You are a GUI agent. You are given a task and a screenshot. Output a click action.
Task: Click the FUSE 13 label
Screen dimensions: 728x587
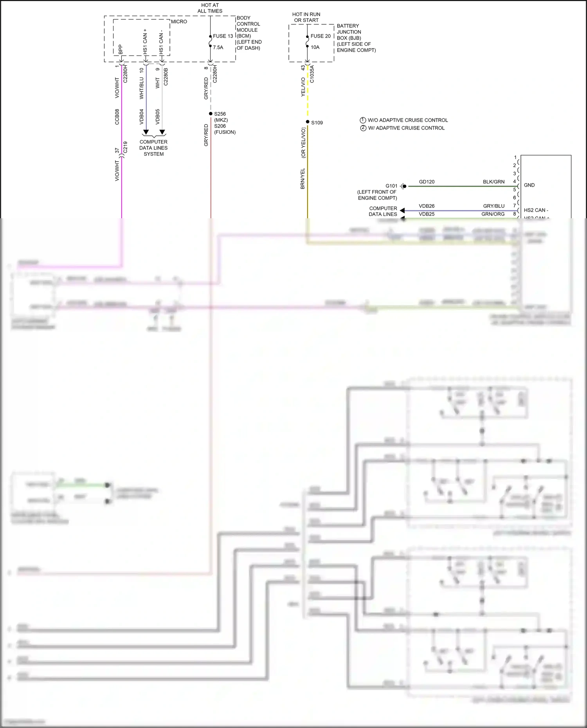point(223,36)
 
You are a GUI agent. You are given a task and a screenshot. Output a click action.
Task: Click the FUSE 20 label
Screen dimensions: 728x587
point(321,36)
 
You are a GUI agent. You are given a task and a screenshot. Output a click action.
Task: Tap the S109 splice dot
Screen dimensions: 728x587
point(308,122)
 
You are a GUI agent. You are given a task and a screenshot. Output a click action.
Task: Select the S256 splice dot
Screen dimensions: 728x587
point(211,114)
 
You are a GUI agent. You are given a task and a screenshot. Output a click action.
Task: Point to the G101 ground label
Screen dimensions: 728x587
point(391,186)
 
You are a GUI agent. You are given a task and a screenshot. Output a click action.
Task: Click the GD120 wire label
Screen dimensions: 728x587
point(427,182)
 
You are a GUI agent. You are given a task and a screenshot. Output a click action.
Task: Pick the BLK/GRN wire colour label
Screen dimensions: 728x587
point(493,182)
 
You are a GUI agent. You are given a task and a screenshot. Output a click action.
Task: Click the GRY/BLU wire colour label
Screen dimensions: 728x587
point(493,206)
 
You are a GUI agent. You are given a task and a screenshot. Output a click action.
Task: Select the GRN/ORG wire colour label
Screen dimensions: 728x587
point(493,214)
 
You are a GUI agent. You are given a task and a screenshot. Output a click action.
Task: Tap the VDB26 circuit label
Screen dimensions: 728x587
point(427,206)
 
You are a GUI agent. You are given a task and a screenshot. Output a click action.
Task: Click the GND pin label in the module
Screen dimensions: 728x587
point(529,185)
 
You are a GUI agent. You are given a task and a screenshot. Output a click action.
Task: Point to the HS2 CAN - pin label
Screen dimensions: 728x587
point(536,210)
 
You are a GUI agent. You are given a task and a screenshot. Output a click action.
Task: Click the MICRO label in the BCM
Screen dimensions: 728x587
point(179,22)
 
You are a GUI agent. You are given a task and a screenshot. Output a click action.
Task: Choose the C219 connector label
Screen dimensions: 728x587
point(125,147)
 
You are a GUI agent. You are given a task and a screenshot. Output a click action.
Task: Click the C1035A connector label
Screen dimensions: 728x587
point(312,74)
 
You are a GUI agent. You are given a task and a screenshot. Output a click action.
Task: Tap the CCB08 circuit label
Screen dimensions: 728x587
point(117,117)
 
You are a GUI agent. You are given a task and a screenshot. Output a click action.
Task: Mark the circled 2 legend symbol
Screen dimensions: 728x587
point(363,128)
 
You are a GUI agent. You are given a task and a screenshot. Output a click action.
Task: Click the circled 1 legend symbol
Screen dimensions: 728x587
point(363,120)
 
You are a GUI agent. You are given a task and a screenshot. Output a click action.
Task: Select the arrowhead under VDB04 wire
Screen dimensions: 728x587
point(146,132)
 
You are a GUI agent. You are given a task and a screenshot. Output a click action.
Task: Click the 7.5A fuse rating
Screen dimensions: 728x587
point(218,47)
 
